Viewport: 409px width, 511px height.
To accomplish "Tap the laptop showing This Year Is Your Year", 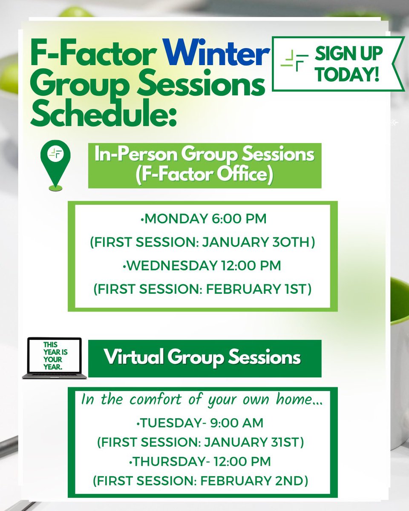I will [55, 358].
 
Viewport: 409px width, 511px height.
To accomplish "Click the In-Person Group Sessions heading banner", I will [204, 166].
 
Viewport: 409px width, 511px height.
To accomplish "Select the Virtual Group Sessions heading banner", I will [204, 358].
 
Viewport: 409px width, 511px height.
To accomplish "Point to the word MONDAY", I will [172, 219].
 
